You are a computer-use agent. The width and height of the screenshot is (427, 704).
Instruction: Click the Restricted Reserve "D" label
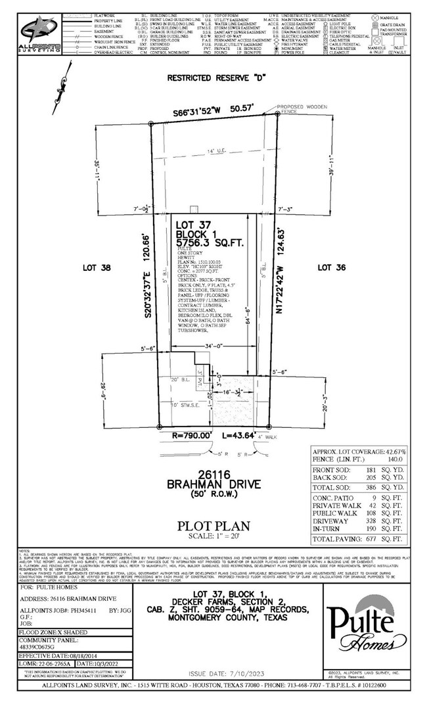(x=215, y=77)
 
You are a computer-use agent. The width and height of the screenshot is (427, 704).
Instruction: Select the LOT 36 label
(x=329, y=268)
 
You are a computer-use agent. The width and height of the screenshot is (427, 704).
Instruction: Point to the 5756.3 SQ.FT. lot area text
(x=210, y=243)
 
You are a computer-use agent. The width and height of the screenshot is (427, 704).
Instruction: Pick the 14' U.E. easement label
(x=215, y=152)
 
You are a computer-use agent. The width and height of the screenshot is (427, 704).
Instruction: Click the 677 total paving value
(x=372, y=539)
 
